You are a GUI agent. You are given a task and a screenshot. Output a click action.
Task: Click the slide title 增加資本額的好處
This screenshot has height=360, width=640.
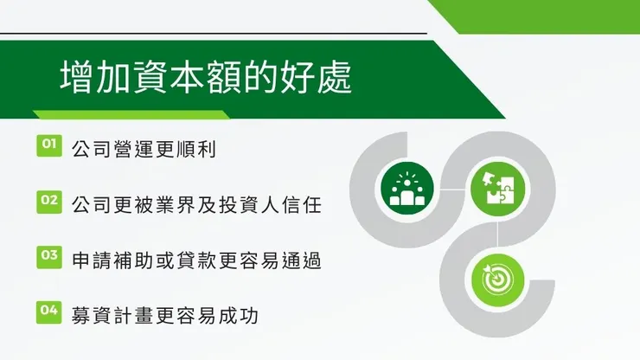pos(207,78)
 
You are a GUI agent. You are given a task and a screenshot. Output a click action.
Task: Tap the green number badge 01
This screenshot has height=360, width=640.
pos(48,145)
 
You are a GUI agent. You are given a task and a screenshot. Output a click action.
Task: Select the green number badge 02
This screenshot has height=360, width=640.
pos(48,202)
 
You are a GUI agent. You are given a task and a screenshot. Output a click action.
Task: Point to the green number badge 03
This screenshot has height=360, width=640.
pos(48,256)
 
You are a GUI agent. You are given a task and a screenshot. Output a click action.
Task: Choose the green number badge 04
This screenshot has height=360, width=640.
pos(48,312)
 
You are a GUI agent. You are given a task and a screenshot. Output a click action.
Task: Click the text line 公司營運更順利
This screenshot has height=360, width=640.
pos(143,149)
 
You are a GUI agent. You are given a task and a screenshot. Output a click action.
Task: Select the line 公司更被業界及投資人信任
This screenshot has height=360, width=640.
pos(197,205)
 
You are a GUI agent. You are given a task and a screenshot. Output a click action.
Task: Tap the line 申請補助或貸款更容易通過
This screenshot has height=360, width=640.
pos(197,260)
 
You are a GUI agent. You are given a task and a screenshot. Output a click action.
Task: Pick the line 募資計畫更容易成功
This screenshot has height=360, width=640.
pos(165,315)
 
